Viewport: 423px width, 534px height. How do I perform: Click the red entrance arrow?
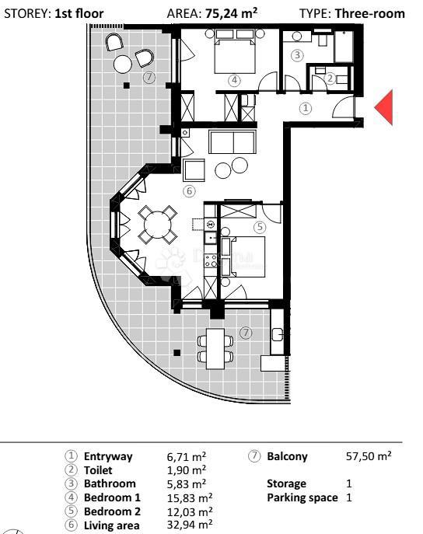[x=384, y=107]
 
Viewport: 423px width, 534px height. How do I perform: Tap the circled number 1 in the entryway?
[x=306, y=109]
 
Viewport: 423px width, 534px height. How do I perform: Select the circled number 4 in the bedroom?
[x=235, y=79]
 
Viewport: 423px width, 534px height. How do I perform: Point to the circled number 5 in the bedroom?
[x=260, y=226]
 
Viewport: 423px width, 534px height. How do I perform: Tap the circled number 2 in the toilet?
[x=330, y=78]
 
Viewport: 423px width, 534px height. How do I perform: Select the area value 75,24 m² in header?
[x=232, y=13]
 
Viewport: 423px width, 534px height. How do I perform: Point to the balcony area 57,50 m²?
[x=369, y=457]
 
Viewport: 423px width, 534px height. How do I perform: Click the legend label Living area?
[x=111, y=525]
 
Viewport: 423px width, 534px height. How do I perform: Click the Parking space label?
[x=302, y=497]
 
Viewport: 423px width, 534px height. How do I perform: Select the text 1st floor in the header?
[x=79, y=13]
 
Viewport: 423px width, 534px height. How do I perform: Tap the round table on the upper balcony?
[x=124, y=65]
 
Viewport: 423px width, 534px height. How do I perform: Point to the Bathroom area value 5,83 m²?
[x=187, y=483]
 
